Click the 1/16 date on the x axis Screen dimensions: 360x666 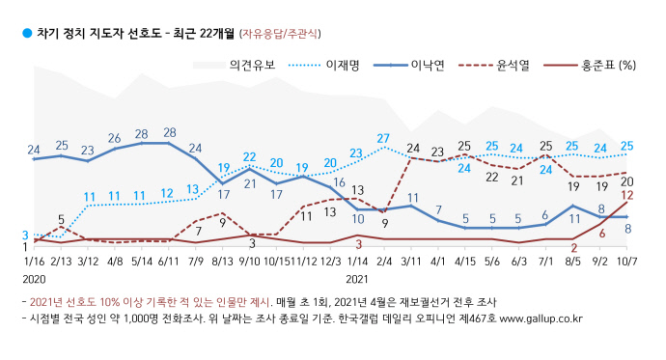click(34, 260)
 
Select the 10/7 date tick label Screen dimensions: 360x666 click(626, 260)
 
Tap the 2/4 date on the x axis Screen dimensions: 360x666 click(384, 260)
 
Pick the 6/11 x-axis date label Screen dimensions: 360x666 click(169, 260)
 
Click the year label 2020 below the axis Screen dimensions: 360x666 click(34, 278)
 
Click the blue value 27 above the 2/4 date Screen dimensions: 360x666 click(383, 138)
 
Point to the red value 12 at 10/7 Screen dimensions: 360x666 click(626, 195)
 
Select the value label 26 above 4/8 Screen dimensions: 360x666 click(115, 138)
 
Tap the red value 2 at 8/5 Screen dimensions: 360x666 click(572, 247)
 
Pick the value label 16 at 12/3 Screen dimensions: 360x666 click(339, 182)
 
